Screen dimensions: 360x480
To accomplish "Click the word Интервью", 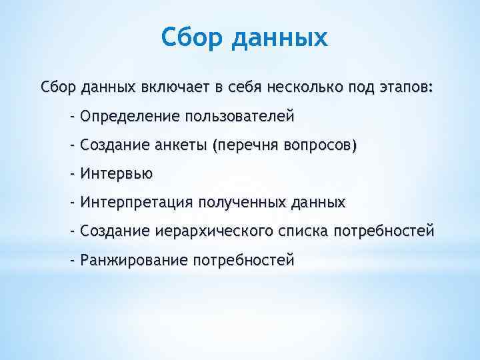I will point(116,174).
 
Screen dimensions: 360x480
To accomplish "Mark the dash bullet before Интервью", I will point(73,174).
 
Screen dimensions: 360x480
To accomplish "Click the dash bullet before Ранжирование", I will point(73,260).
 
